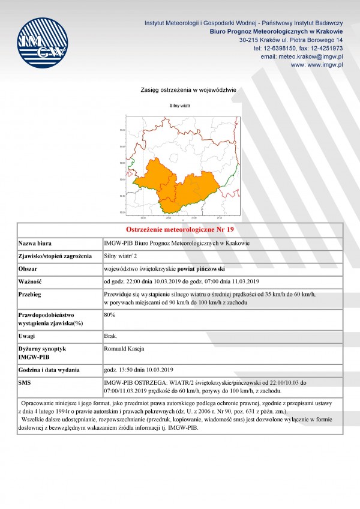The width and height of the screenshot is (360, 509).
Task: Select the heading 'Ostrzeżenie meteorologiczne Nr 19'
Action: point(180,230)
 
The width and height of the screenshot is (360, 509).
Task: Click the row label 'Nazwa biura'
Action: point(37,243)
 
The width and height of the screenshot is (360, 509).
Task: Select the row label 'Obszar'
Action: point(29,268)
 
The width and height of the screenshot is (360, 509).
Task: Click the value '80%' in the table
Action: point(110,314)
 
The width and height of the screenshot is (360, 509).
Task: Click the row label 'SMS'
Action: point(25,382)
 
